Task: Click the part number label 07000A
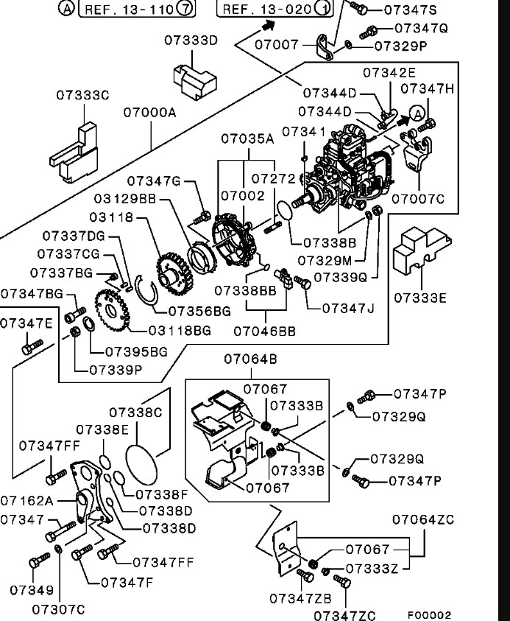point(150,113)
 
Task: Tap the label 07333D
point(191,40)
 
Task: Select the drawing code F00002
point(429,614)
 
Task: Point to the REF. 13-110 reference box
point(132,9)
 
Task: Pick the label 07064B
point(251,359)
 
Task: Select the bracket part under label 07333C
point(74,152)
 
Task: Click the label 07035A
point(247,138)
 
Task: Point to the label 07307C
point(59,609)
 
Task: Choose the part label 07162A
point(26,500)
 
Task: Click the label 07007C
point(418,198)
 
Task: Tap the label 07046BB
point(265,331)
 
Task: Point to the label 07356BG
point(200,311)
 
